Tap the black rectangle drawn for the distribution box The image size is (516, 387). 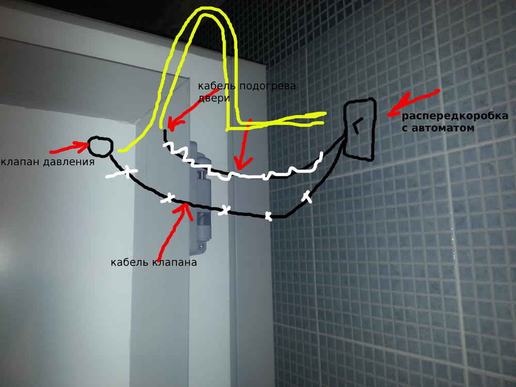(x=345, y=132)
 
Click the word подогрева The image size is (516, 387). (x=267, y=86)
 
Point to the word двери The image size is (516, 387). (x=214, y=98)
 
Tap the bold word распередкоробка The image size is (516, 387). (x=455, y=116)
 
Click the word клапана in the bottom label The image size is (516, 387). (x=174, y=262)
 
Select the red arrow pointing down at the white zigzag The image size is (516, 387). (x=244, y=145)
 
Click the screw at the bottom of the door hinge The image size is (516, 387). (x=201, y=246)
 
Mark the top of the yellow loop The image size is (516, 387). (x=211, y=10)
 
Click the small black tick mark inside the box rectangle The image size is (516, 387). (x=356, y=124)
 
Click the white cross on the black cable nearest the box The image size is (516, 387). (x=307, y=196)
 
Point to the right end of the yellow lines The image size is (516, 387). (x=324, y=118)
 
